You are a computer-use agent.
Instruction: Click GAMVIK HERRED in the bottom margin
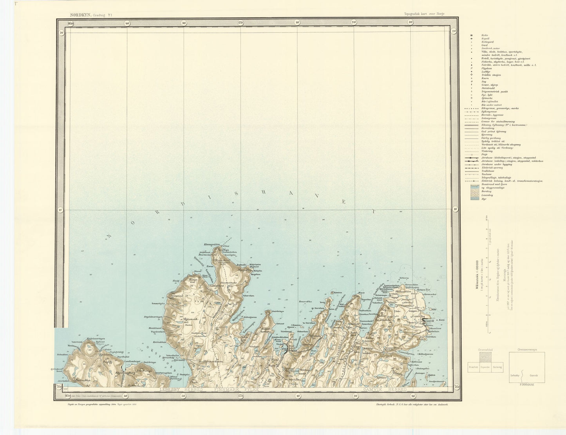tap(382, 390)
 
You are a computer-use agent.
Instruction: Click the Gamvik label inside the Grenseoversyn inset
tap(533, 375)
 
